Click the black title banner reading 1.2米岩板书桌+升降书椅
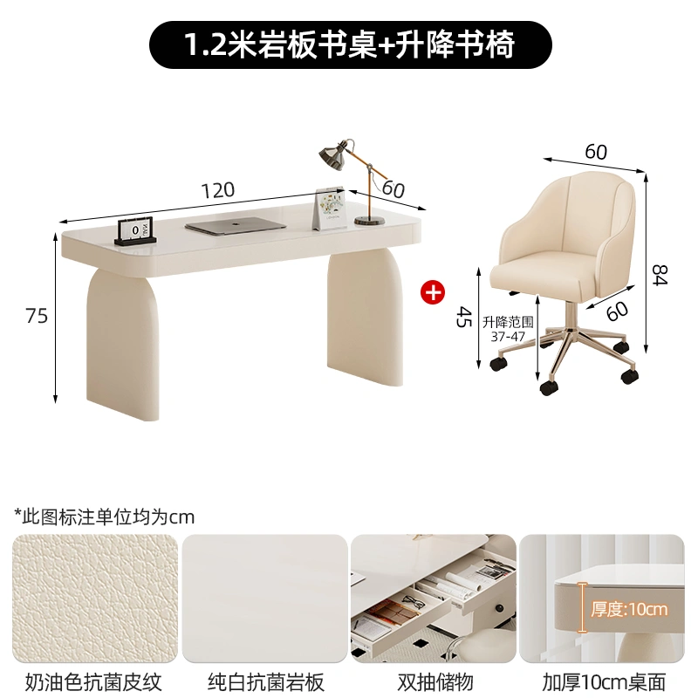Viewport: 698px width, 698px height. [x=351, y=45]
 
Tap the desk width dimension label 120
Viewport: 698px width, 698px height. [x=217, y=190]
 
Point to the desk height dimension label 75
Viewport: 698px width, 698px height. [x=36, y=316]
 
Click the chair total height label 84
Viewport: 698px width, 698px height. [x=660, y=275]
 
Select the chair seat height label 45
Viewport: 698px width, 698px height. [x=463, y=317]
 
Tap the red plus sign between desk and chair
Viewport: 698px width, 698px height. [x=433, y=292]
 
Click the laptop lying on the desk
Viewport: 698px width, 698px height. [x=236, y=225]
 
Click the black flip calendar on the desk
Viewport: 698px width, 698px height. [x=136, y=232]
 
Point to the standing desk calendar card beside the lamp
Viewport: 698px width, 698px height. [x=330, y=209]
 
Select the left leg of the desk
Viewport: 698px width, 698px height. [x=122, y=343]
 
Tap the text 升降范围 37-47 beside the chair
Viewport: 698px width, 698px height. [x=508, y=329]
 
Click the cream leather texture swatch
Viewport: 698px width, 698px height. [x=95, y=599]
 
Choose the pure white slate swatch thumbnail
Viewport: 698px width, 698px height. [x=264, y=599]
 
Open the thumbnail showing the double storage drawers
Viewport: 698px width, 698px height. [x=434, y=599]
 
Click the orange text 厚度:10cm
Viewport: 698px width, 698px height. [x=629, y=608]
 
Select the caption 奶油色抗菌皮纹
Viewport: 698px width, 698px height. [x=93, y=681]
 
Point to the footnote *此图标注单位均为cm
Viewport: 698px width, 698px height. [x=105, y=517]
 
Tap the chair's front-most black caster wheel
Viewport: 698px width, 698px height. [x=550, y=387]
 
